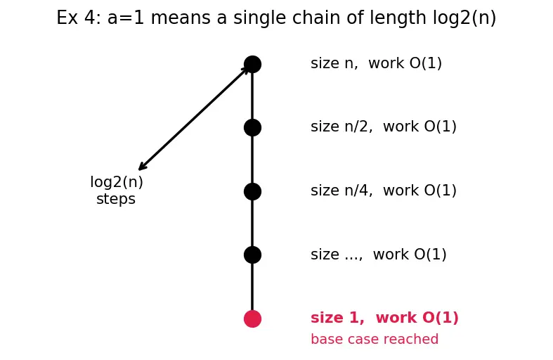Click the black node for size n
[x=252, y=64]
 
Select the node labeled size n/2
[x=252, y=127]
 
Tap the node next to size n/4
[x=252, y=191]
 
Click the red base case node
[x=252, y=319]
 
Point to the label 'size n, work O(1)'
[x=376, y=63]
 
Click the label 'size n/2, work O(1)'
[x=384, y=127]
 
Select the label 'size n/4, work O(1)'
[x=384, y=191]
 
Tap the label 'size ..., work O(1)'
[x=379, y=255]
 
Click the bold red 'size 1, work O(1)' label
[x=384, y=318]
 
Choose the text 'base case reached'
[x=375, y=339]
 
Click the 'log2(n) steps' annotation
[x=117, y=191]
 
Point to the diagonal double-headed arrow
[x=194, y=118]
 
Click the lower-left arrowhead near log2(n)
[x=141, y=167]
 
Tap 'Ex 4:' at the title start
[x=79, y=18]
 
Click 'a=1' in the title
[x=126, y=18]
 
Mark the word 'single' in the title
[x=257, y=18]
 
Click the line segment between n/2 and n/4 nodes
[x=252, y=160]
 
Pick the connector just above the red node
[x=252, y=287]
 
